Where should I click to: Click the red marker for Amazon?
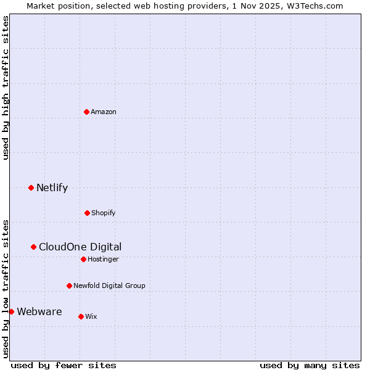click(x=87, y=112)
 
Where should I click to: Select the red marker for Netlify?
click(x=31, y=187)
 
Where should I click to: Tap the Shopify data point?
click(x=87, y=213)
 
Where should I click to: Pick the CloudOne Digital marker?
click(x=34, y=247)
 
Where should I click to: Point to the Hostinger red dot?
click(x=83, y=259)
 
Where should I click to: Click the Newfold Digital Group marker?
click(x=69, y=286)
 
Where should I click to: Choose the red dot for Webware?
click(x=11, y=311)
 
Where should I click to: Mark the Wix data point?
click(x=81, y=316)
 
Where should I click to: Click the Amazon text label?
click(x=104, y=112)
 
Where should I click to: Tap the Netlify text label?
click(x=52, y=187)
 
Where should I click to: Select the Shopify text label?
click(x=104, y=213)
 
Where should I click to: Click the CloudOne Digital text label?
click(x=80, y=247)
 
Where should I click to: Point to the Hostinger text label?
click(x=103, y=259)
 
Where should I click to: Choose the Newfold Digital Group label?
click(x=109, y=286)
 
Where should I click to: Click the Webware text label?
click(x=39, y=311)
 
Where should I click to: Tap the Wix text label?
click(x=91, y=316)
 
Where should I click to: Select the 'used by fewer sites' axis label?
click(x=64, y=365)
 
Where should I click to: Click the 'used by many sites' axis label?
click(x=310, y=365)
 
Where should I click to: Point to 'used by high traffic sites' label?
click(x=6, y=88)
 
